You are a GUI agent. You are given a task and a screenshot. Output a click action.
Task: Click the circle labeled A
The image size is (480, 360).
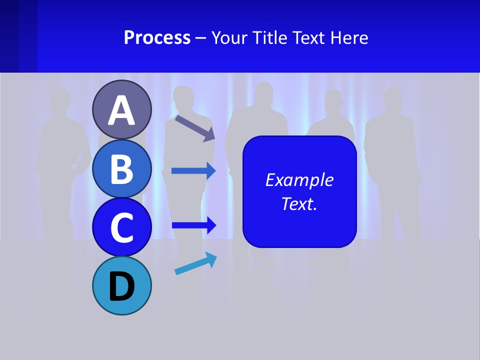click(121, 109)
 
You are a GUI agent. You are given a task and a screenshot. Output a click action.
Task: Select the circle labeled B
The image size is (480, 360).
click(121, 168)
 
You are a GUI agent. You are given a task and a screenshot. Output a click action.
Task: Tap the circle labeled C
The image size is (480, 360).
click(121, 227)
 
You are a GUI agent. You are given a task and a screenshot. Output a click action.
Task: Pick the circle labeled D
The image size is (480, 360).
click(121, 285)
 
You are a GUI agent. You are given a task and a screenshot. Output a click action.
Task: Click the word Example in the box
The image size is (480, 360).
click(299, 180)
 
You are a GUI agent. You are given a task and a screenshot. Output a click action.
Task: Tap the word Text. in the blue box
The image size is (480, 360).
click(299, 203)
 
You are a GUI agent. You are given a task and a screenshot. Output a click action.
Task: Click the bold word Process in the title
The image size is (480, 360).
click(157, 37)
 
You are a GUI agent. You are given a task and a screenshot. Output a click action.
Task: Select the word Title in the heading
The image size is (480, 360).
click(269, 37)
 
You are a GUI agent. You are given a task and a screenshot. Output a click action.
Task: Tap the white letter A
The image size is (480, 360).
click(121, 110)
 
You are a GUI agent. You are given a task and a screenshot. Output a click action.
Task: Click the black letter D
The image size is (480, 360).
click(121, 286)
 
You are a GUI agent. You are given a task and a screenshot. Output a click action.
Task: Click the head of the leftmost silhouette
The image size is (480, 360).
click(60, 100)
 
